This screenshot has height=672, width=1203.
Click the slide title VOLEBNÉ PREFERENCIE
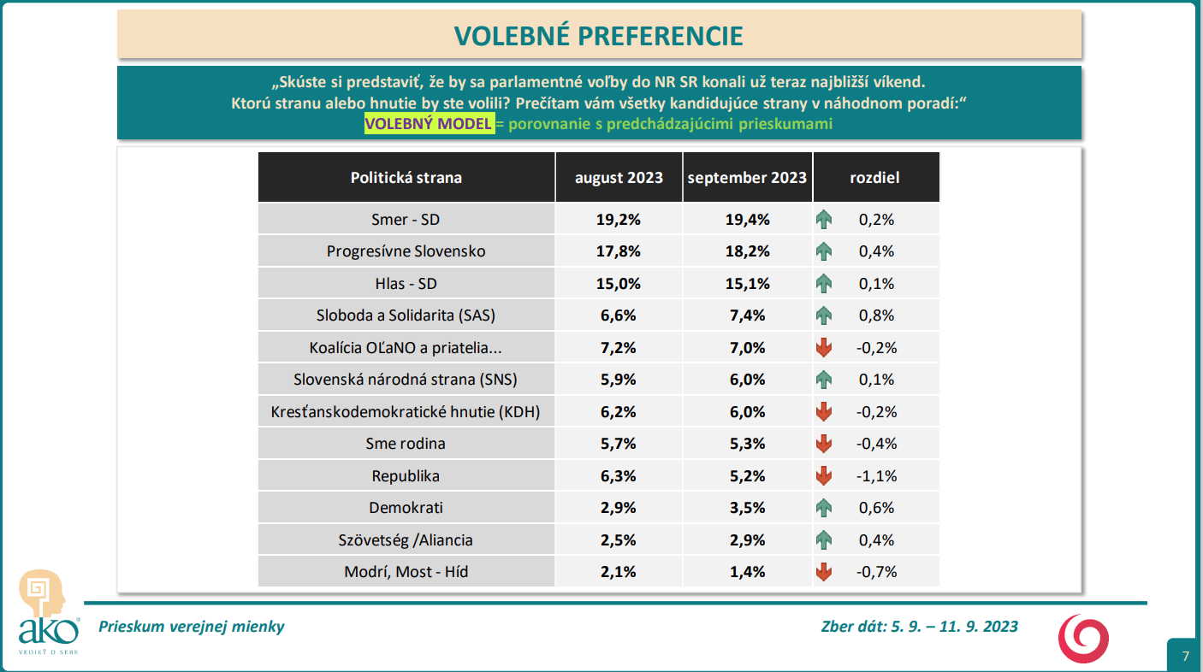coord(598,35)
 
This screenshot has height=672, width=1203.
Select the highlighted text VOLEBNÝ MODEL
coord(429,124)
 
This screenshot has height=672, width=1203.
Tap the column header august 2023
coord(619,178)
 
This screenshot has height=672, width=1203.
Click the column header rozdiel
coord(874,178)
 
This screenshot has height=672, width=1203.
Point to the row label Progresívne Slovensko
coord(406,251)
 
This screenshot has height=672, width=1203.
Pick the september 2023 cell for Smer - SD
coord(746,220)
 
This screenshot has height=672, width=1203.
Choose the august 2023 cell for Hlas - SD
coord(619,284)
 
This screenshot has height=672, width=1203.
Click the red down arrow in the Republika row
coord(824,476)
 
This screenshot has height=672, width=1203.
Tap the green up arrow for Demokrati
coord(824,508)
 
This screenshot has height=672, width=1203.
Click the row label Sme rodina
coord(406,444)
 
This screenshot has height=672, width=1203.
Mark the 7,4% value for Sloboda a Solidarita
coord(746,315)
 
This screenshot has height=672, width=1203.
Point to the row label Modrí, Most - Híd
coord(406,572)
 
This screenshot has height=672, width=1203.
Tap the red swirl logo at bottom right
coord(1083,638)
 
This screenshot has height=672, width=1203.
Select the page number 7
coord(1185,657)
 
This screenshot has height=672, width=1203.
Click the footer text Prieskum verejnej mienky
coord(192,627)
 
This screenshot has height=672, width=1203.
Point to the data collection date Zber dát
coord(919,627)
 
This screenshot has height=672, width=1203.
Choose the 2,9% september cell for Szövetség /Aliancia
coord(746,540)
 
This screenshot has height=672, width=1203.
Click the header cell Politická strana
coord(406,178)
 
